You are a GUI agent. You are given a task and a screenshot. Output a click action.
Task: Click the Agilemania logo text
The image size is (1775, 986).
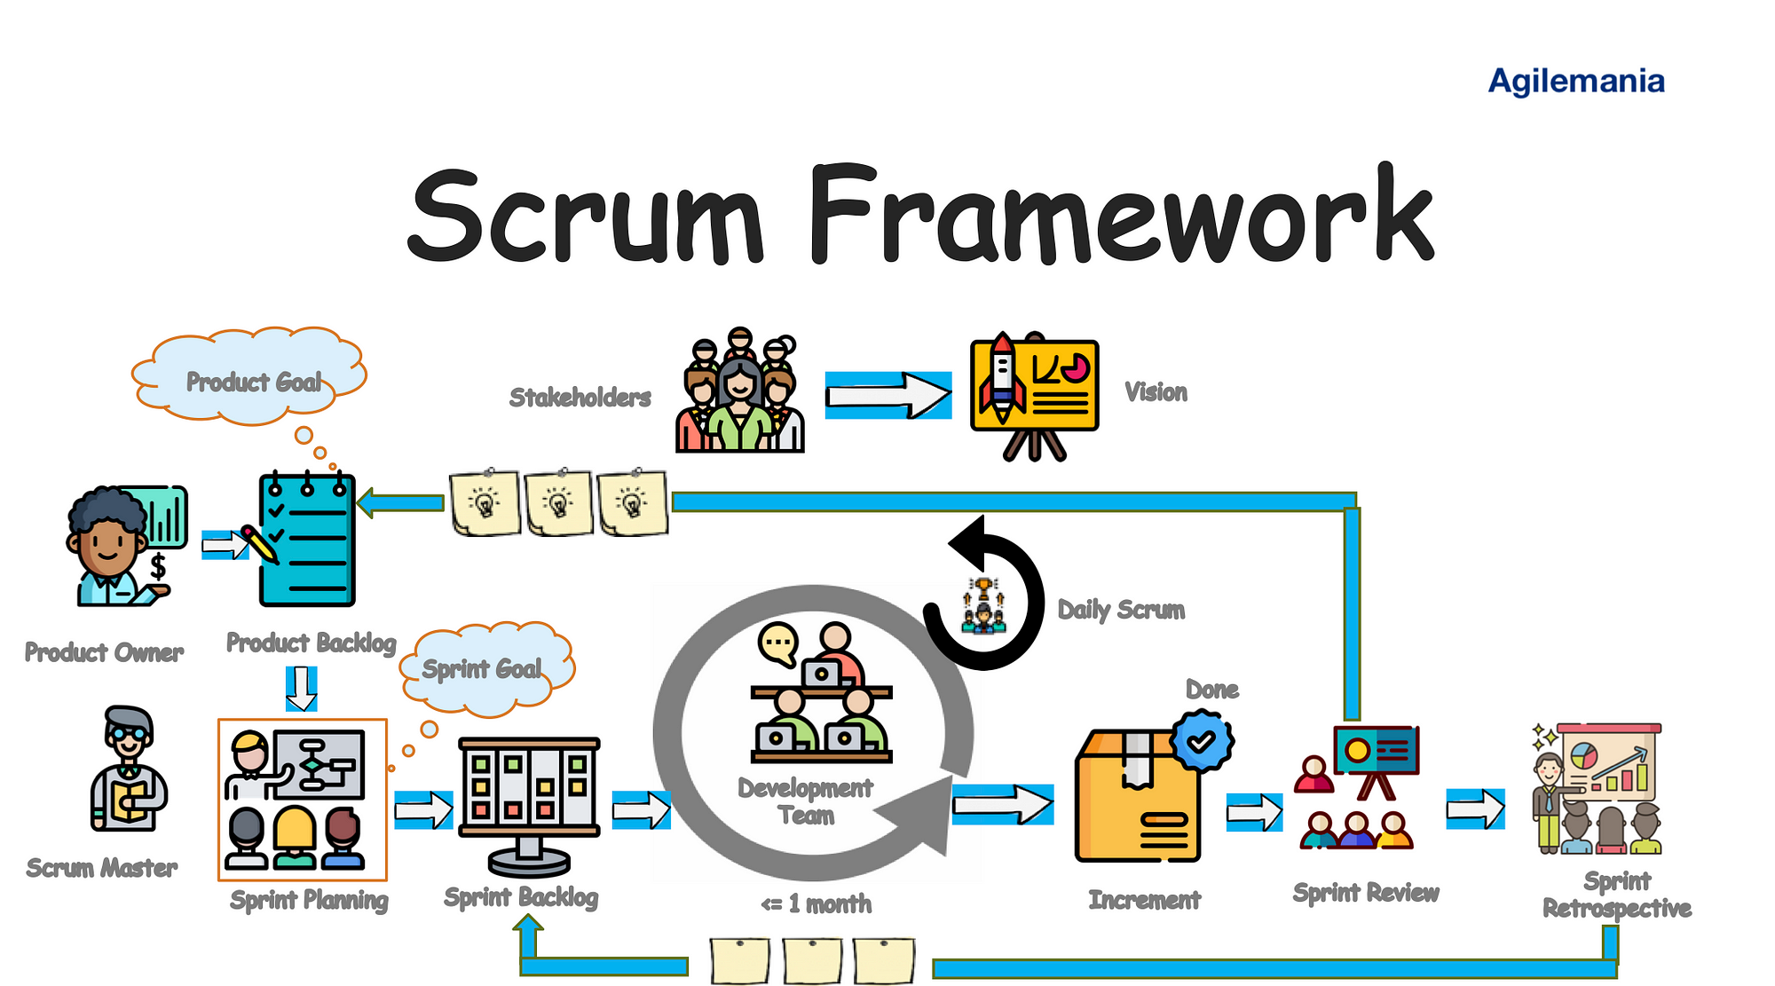tap(1575, 81)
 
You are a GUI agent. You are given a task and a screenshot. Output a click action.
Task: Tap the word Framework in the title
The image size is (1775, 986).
tap(1120, 216)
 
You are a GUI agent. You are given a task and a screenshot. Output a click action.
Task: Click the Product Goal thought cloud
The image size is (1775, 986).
tap(251, 380)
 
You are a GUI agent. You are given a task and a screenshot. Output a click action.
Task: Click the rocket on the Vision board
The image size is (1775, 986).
tap(1002, 378)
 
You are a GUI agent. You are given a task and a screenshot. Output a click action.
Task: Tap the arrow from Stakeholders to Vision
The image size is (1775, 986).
tap(887, 395)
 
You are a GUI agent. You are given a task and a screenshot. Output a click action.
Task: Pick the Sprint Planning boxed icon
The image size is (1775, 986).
tap(302, 799)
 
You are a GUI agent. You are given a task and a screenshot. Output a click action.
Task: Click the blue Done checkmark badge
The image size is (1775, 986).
tap(1201, 740)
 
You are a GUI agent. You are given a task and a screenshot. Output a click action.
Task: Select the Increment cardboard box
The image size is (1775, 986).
tap(1136, 799)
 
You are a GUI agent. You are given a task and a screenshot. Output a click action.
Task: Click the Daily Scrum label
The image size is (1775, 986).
tap(1121, 610)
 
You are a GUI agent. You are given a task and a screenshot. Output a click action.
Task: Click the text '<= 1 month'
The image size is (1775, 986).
tap(816, 904)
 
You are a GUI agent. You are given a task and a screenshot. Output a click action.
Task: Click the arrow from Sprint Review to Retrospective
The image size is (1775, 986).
tap(1475, 809)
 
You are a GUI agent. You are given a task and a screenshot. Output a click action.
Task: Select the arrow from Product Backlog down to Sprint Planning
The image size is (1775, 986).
tap(301, 689)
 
